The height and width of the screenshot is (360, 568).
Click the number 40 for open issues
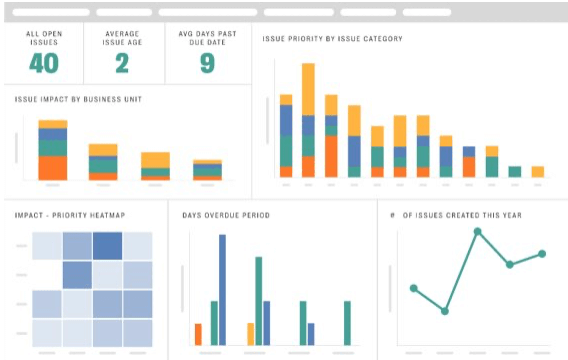click(43, 63)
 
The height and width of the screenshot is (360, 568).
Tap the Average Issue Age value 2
click(122, 63)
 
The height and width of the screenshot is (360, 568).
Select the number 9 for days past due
click(206, 63)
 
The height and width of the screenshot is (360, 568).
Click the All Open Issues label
click(43, 38)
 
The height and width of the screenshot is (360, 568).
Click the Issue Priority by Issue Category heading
click(332, 39)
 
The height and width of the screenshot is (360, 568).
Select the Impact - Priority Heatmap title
click(70, 215)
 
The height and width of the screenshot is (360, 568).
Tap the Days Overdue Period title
click(225, 215)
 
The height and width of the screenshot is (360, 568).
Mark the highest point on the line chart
click(478, 231)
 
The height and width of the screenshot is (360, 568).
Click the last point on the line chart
click(542, 254)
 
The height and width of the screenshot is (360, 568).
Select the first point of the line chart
click(414, 288)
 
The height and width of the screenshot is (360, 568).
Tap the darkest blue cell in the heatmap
click(108, 246)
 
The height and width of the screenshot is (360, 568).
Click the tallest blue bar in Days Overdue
click(222, 290)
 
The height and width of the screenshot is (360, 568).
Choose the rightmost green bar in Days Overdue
click(347, 322)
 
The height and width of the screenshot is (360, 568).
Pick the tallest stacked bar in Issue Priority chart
click(308, 120)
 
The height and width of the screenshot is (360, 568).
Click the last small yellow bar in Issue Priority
click(537, 171)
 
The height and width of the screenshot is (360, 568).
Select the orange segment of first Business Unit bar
click(53, 167)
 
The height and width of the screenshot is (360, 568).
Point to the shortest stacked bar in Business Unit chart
click(207, 170)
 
